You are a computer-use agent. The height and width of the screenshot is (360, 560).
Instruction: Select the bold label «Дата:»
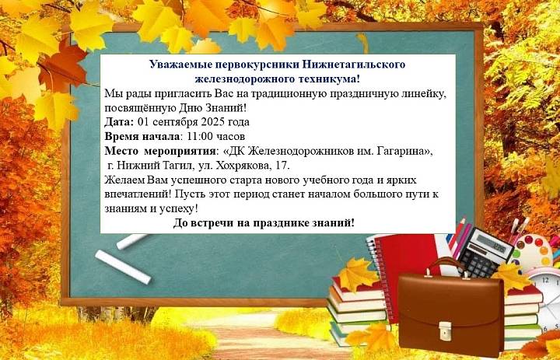[119, 122]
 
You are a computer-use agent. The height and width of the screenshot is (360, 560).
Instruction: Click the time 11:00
[201, 136]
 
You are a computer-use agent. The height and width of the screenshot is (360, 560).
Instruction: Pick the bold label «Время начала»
[142, 136]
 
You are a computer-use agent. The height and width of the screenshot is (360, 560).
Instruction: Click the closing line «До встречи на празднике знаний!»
[264, 223]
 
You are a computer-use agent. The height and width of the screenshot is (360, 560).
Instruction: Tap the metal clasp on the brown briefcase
[445, 330]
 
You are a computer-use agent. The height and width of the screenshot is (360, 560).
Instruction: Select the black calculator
[481, 251]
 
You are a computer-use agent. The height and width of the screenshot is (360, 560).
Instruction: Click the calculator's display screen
[493, 243]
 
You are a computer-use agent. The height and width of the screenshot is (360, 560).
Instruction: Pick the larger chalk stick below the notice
[123, 267]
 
